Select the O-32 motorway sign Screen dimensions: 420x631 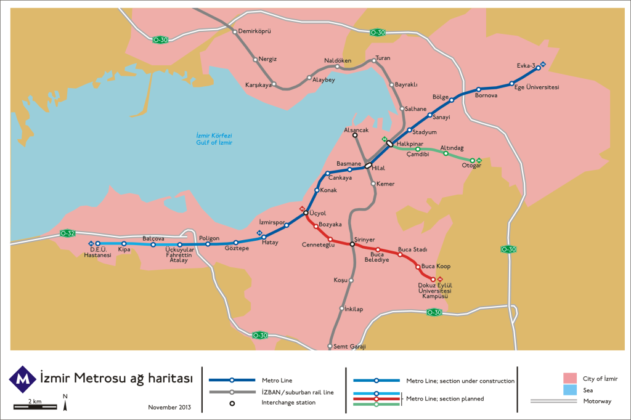click(68, 233)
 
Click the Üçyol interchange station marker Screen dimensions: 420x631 click(306, 213)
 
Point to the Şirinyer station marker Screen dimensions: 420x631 click(352, 244)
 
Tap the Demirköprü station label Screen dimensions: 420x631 click(255, 31)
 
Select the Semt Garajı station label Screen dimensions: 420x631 click(349, 346)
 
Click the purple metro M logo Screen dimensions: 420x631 click(23, 379)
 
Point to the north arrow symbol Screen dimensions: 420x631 click(65, 403)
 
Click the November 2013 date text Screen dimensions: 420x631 click(169, 407)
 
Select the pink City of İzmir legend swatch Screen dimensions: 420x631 click(569, 378)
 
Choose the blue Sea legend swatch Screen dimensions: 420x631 click(569, 390)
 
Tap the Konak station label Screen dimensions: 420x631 click(328, 190)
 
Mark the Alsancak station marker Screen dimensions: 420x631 click(354, 135)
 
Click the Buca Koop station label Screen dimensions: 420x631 click(436, 266)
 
